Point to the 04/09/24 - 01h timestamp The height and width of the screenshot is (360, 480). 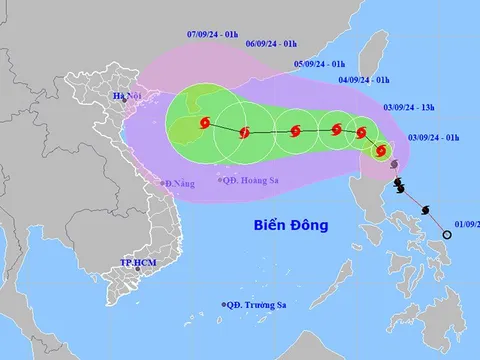(363, 79)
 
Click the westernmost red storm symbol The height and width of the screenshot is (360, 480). (204, 123)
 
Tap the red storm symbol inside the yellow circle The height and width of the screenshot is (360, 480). (380, 151)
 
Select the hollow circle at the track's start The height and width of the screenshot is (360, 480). (446, 235)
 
